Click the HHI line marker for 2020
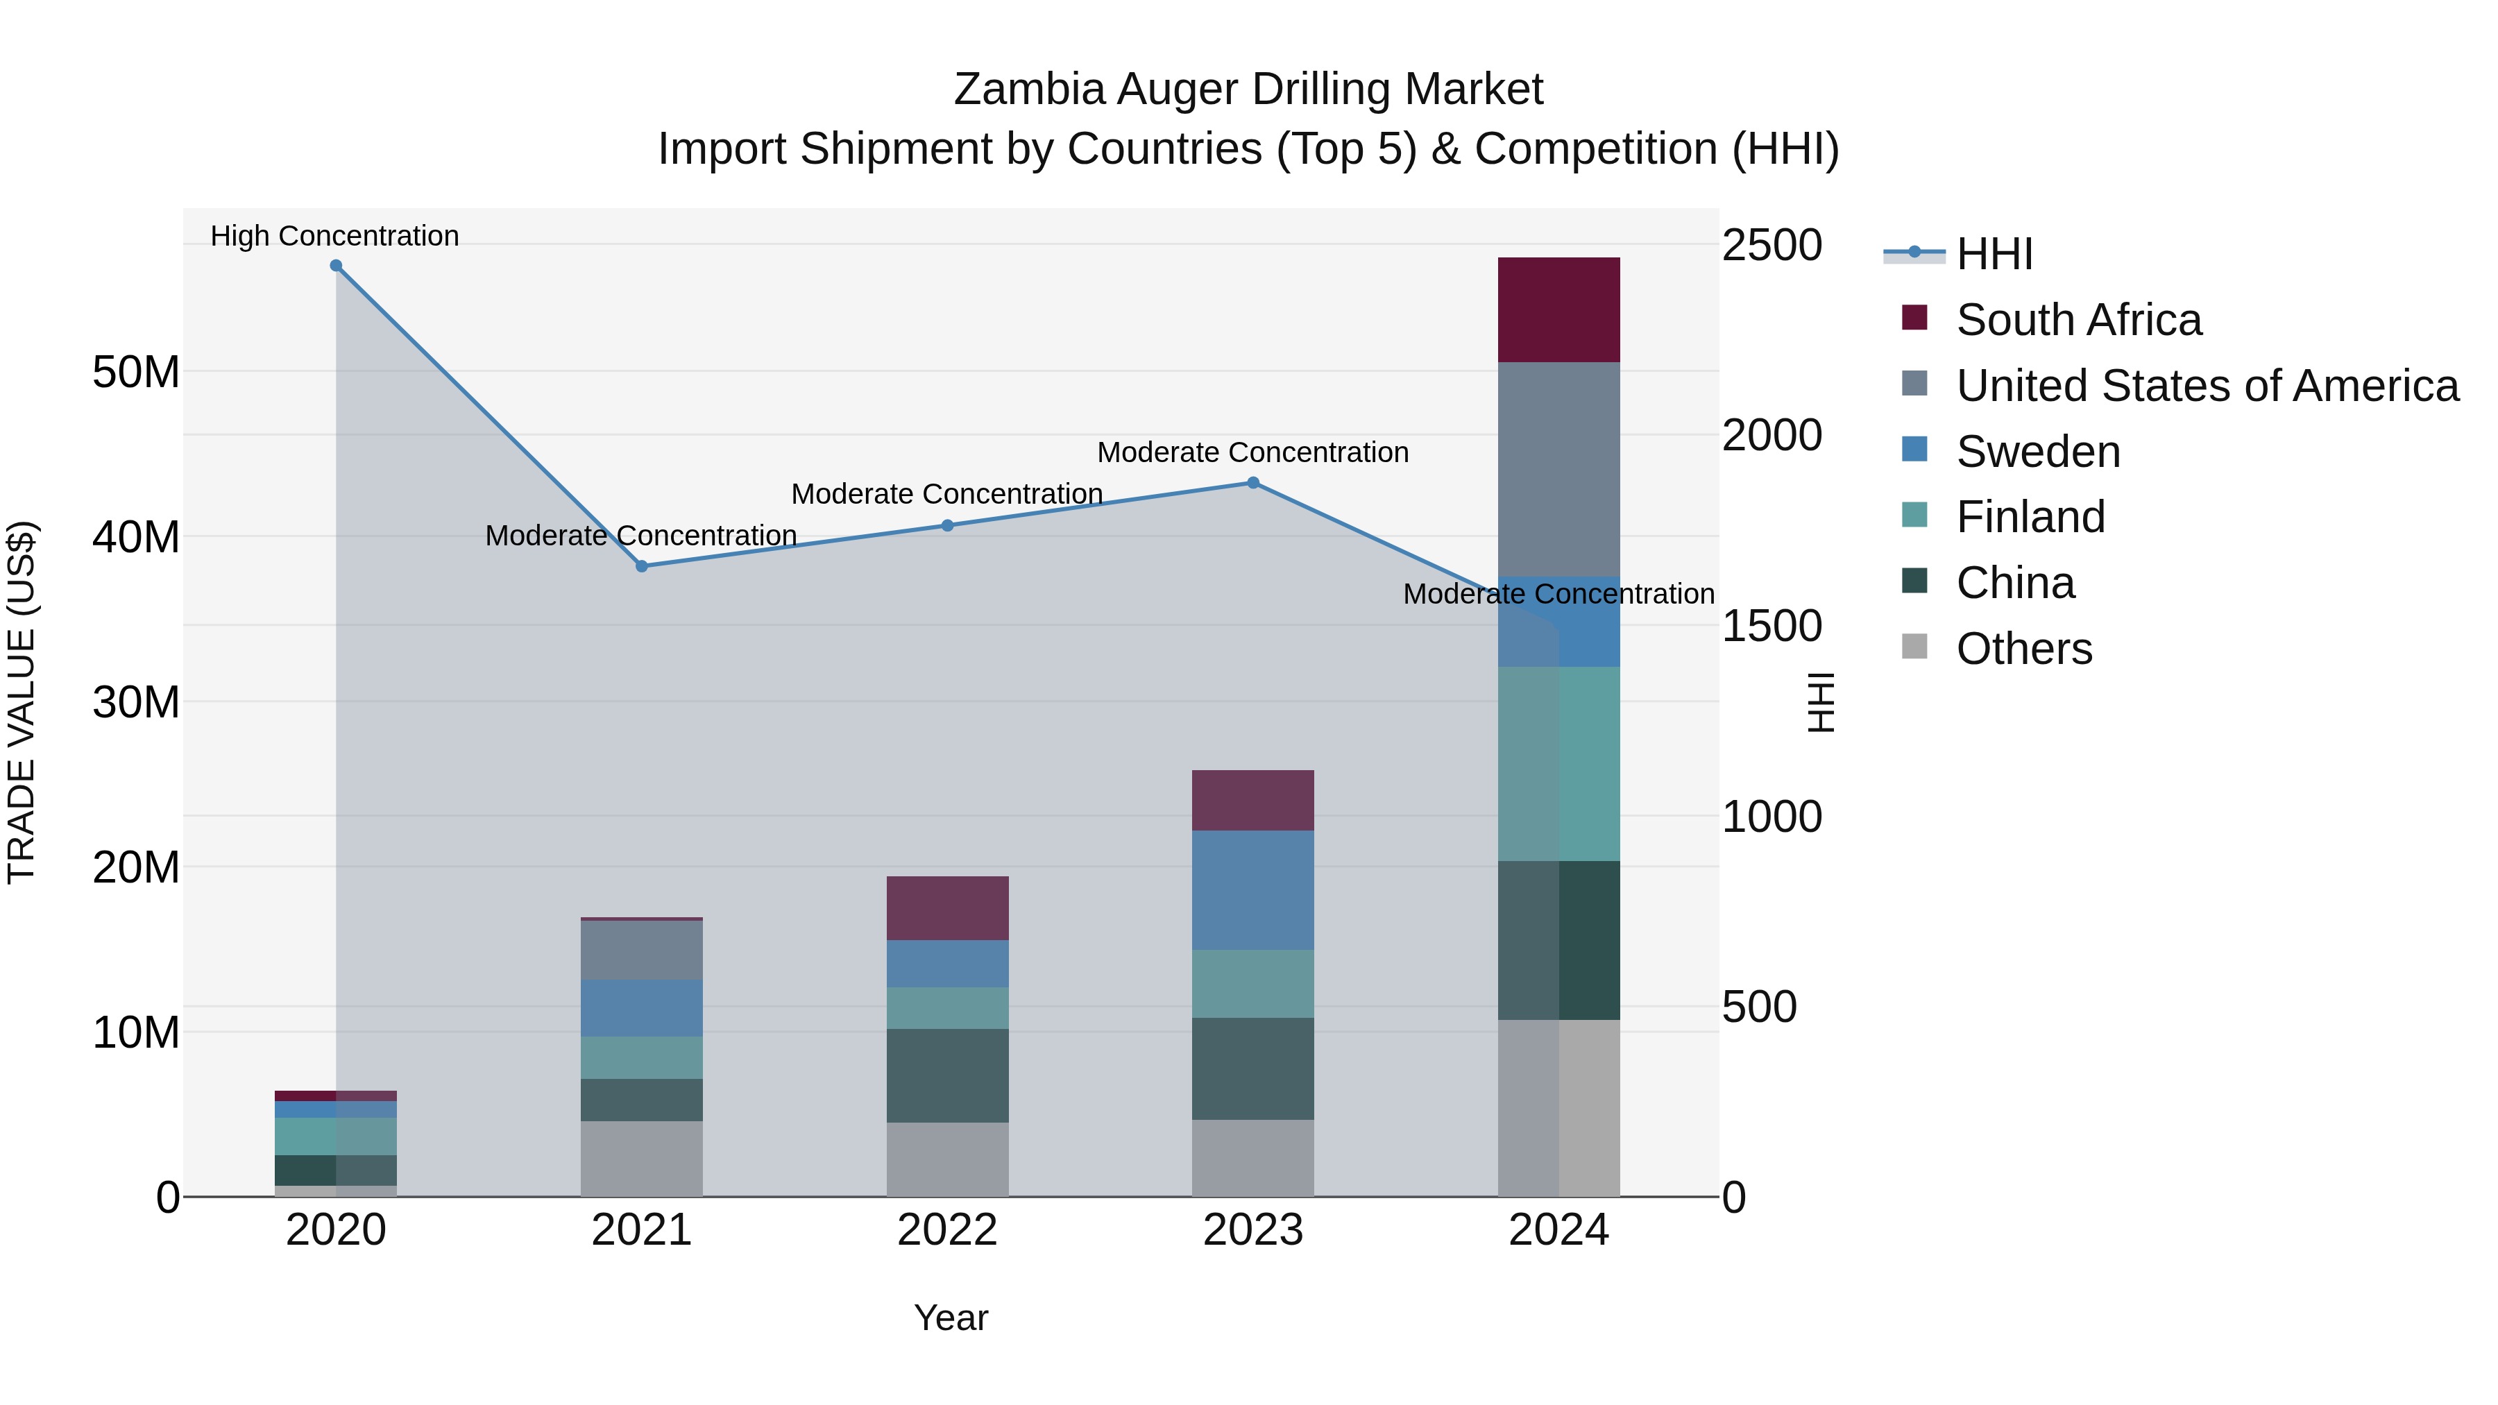point(336,266)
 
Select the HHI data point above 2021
point(641,566)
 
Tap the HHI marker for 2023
point(1253,483)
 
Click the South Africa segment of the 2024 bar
point(1558,310)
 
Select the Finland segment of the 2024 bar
point(1558,764)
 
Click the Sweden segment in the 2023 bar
point(1253,890)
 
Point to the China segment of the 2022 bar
point(947,1075)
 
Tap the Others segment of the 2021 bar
point(641,1159)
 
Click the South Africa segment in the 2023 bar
point(1253,801)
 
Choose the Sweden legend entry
point(2037,452)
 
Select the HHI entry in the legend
point(1994,254)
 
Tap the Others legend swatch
point(1914,647)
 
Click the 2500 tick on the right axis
point(1771,246)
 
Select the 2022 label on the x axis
point(947,1230)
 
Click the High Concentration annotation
point(334,236)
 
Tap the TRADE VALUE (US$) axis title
point(22,702)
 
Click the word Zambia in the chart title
point(1029,90)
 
